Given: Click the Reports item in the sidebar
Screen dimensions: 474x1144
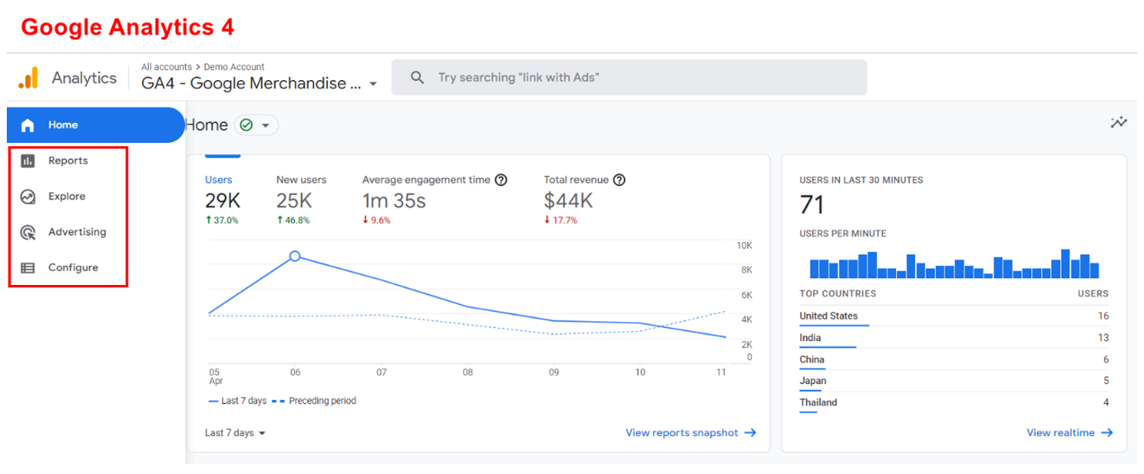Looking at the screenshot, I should (67, 161).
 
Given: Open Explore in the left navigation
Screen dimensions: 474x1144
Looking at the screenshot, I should (67, 197).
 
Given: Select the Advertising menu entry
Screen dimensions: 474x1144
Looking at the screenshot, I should (76, 232).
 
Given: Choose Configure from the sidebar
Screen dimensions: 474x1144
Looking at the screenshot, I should (73, 268).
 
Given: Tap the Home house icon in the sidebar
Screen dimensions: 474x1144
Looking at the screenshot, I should (28, 125).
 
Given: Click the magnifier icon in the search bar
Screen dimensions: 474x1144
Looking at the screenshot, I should (417, 78).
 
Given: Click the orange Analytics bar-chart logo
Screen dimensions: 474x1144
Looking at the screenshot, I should (28, 78).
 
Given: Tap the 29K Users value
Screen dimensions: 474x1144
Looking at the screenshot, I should (222, 201).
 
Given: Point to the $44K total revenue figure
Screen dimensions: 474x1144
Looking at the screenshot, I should (568, 201).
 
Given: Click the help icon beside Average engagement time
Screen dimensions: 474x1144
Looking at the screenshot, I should (501, 180).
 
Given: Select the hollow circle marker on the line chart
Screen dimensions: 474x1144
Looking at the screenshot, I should (295, 256).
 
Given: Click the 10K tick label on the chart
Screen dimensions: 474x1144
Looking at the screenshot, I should (744, 246).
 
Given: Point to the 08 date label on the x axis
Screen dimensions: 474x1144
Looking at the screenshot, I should (468, 372).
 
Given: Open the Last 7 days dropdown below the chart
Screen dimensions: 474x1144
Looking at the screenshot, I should (235, 433).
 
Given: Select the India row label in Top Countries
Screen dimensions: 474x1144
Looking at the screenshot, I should (810, 338).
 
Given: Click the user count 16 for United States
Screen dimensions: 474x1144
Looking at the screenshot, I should (1103, 316).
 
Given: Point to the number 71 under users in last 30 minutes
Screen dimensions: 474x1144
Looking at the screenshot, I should (811, 205).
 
